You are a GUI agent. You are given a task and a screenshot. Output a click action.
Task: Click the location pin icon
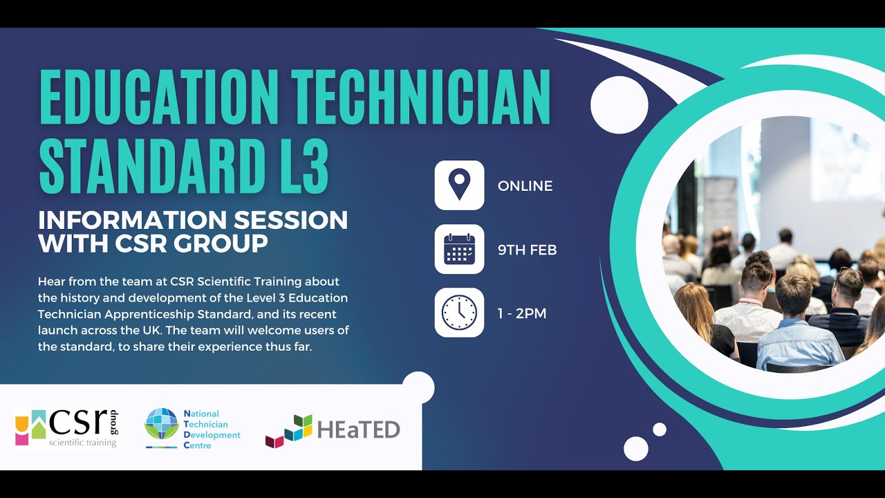pos(459,185)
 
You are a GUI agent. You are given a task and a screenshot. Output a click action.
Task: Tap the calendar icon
pos(459,249)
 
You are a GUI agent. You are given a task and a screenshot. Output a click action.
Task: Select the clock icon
pos(459,313)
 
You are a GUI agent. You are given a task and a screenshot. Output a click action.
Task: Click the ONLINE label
pos(525,186)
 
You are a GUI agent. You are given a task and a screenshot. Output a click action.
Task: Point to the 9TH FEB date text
pos(527,250)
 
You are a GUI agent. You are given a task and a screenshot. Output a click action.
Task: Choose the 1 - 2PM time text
pos(521,313)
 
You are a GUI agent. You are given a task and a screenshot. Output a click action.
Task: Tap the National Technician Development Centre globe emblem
pos(161,424)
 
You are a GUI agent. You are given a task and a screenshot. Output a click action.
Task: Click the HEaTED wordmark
pos(358,430)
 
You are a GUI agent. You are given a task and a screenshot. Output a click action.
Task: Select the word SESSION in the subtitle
pos(289,221)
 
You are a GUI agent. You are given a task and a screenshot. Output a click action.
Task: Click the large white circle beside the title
pos(619,104)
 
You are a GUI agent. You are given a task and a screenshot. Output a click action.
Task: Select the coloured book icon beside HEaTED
pos(288,430)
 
